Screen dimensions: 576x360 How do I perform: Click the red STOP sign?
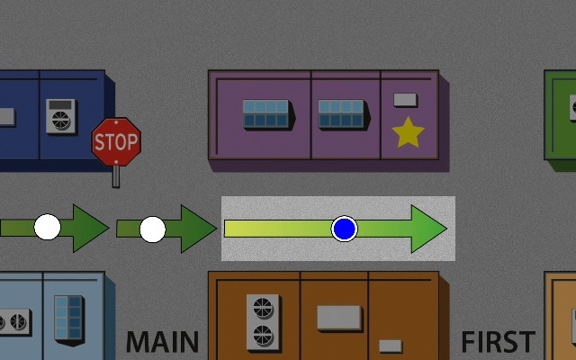(x=116, y=141)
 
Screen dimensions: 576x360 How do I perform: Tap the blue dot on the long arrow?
(x=344, y=229)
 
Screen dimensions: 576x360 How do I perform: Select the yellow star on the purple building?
(x=408, y=132)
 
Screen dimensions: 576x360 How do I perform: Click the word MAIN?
(x=162, y=343)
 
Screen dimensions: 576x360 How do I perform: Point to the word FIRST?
(x=498, y=343)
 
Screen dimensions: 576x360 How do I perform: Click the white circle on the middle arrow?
(x=153, y=229)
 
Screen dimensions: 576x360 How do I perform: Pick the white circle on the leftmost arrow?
(x=48, y=227)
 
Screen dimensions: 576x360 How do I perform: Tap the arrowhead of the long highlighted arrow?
(x=428, y=229)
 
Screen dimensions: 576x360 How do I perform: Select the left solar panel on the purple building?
(x=266, y=113)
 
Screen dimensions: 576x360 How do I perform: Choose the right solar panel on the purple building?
(x=341, y=113)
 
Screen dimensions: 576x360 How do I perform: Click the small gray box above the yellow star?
(x=407, y=98)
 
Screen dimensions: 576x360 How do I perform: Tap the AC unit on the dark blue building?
(x=62, y=118)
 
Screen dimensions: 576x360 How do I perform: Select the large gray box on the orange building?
(x=339, y=318)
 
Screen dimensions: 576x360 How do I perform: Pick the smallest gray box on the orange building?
(x=390, y=346)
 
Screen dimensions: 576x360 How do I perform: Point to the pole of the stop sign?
(x=116, y=176)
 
